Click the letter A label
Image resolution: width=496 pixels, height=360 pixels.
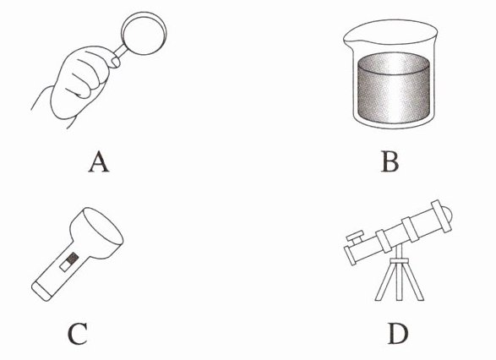[x=99, y=161]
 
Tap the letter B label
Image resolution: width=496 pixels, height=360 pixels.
[x=390, y=161]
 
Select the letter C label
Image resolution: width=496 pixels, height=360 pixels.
[x=78, y=334]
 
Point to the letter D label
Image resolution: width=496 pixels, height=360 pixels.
[x=398, y=334]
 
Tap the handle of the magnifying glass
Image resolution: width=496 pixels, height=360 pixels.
[x=120, y=51]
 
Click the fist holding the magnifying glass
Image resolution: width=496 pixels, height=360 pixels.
[x=83, y=82]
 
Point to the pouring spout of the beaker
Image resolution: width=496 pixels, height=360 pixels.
[x=347, y=39]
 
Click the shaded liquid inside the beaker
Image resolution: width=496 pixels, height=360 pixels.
[x=394, y=88]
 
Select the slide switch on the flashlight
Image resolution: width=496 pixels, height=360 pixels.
[x=69, y=262]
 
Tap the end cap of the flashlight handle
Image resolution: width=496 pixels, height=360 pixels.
[x=41, y=291]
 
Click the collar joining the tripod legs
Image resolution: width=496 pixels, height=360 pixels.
[x=399, y=260]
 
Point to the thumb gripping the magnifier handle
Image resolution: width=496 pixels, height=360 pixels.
[x=114, y=62]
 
